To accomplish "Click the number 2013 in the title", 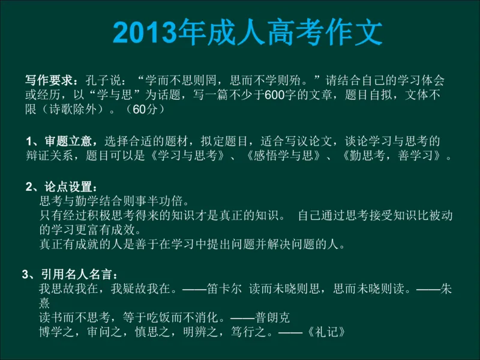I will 143,32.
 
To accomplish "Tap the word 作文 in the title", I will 354,32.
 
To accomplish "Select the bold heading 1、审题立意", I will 62,142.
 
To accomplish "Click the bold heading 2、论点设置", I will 61,186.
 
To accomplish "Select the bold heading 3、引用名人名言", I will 67,275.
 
